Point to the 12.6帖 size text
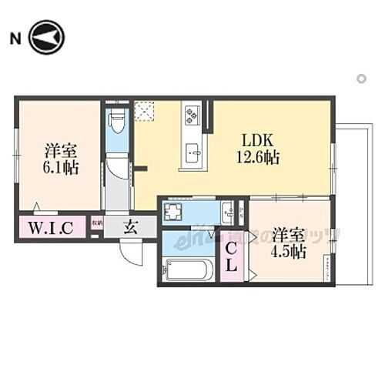click(x=259, y=158)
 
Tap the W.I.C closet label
click(x=51, y=227)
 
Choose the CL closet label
click(x=232, y=258)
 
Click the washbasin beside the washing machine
click(x=228, y=211)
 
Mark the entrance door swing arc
click(x=132, y=253)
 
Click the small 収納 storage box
click(x=96, y=225)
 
